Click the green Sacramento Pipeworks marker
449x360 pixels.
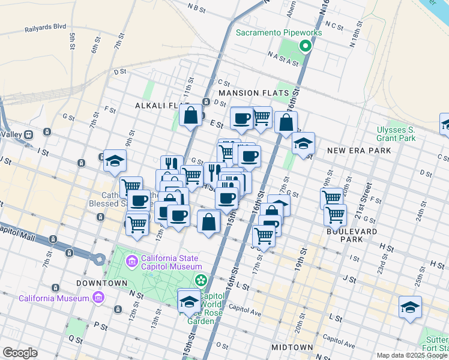306,46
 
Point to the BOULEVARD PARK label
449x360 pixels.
352,235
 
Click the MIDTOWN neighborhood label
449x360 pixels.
292,347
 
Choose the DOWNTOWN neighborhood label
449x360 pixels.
101,283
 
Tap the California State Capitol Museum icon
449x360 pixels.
131,262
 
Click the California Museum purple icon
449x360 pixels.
97,298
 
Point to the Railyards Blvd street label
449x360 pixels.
45,28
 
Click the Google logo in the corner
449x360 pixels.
20,353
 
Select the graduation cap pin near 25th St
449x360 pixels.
411,307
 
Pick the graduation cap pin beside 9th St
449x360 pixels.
115,161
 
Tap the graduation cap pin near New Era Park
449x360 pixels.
303,143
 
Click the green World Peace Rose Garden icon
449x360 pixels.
202,280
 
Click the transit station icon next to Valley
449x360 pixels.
46,133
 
